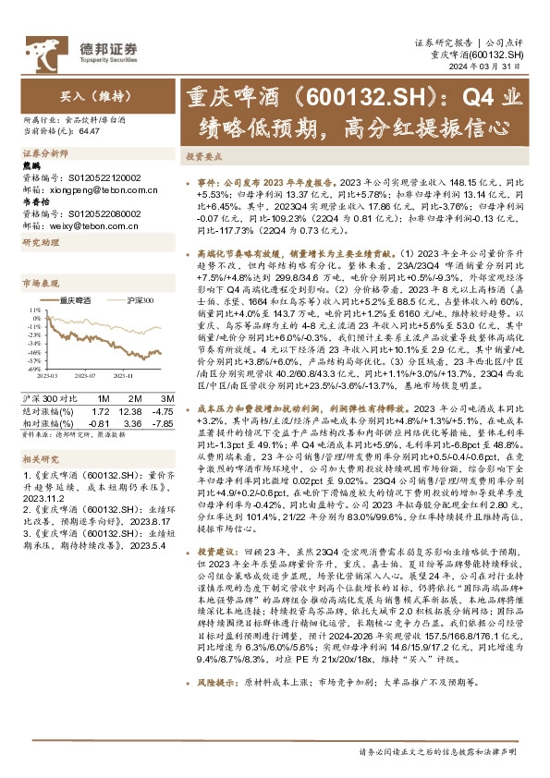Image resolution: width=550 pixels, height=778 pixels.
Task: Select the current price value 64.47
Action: [90, 132]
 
